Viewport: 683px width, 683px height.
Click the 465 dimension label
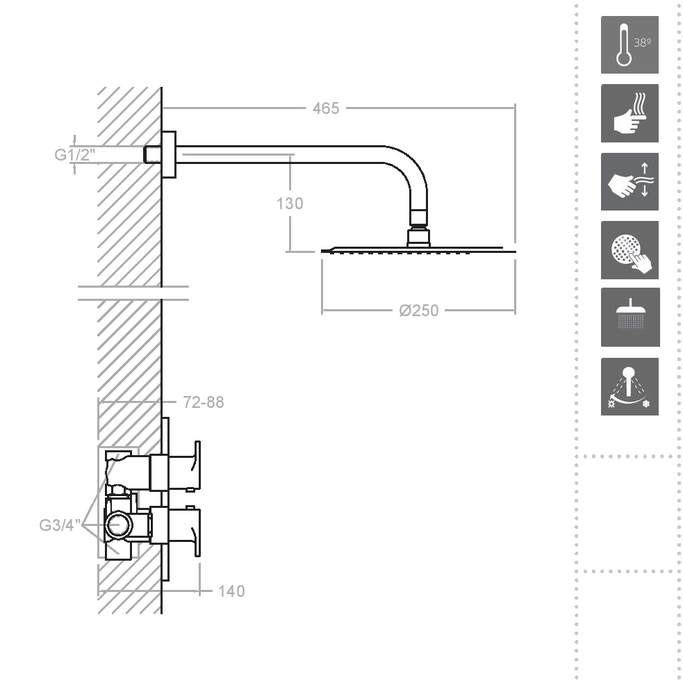(326, 108)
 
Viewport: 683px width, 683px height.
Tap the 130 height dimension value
(290, 204)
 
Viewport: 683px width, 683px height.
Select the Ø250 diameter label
(418, 311)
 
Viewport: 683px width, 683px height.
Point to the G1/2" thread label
(74, 155)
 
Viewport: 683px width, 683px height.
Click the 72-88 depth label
(204, 402)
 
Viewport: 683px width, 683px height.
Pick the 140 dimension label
(231, 591)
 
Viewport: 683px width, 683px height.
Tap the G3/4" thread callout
(60, 525)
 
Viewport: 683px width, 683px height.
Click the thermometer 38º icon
(629, 45)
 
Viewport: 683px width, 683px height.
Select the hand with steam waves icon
(629, 113)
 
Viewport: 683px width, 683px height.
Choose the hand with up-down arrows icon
(629, 181)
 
